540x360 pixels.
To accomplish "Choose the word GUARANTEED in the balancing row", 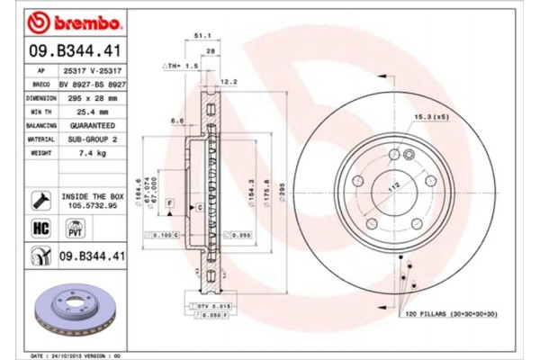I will [91, 126].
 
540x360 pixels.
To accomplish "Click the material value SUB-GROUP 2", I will [91, 139].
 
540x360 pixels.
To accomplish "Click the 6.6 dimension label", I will [179, 120].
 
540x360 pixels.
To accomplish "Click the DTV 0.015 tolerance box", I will [209, 308].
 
